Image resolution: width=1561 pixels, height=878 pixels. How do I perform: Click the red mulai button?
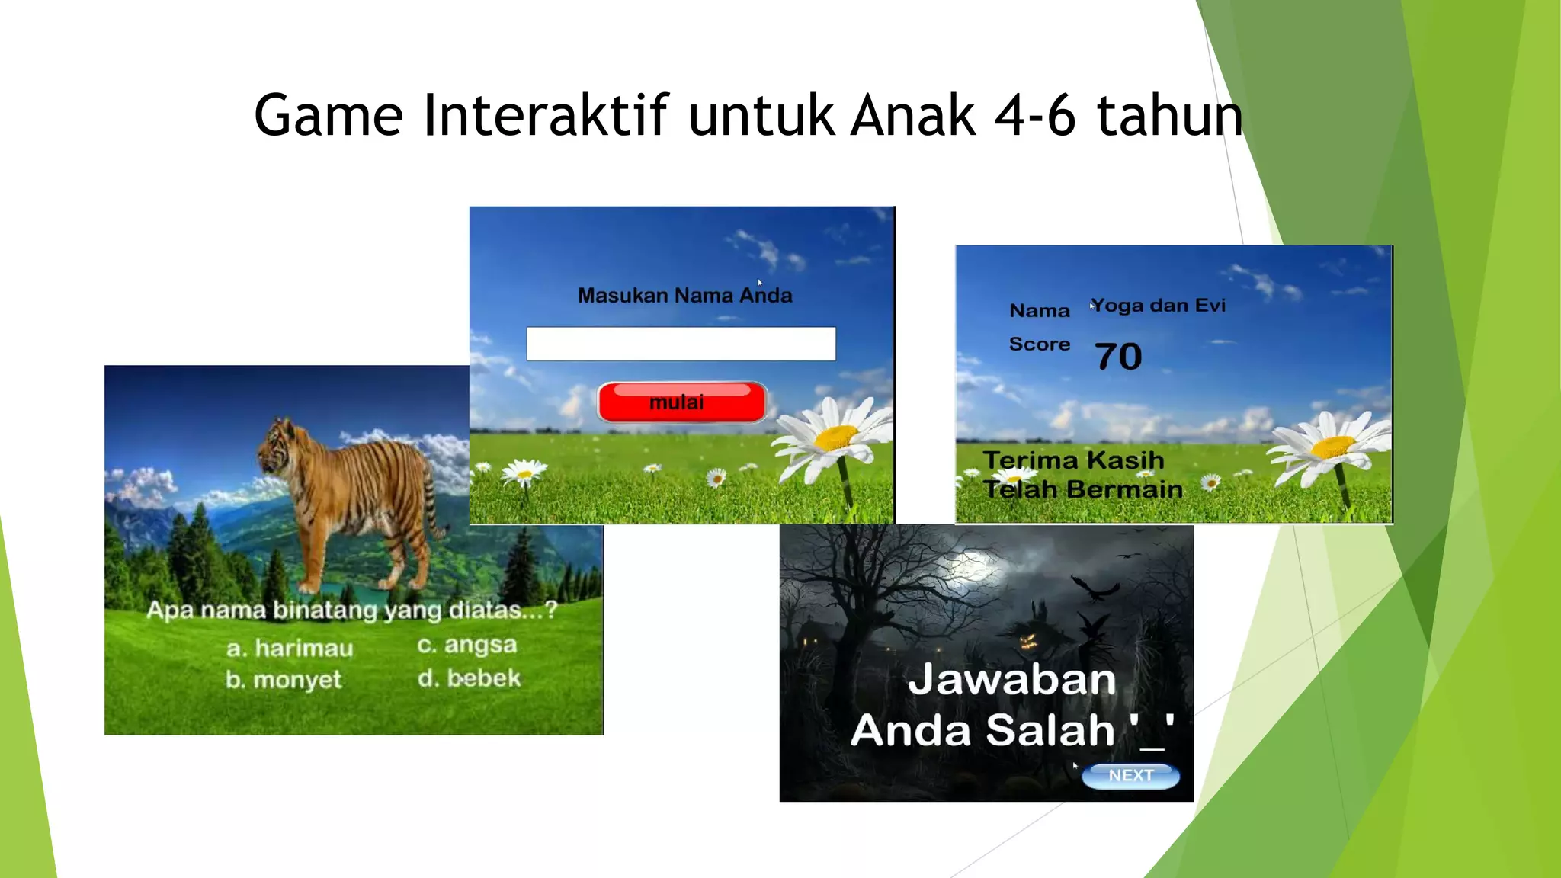point(681,402)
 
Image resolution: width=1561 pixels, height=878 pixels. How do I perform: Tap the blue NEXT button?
point(1130,776)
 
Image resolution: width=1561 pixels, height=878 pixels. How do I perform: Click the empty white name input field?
point(681,344)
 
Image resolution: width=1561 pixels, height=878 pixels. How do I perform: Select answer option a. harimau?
point(290,648)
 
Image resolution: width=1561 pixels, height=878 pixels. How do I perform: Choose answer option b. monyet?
point(284,679)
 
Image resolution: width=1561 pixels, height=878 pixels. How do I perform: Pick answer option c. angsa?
point(466,645)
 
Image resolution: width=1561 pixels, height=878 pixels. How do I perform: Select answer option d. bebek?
point(469,678)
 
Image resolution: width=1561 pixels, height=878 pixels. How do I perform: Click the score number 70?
point(1118,357)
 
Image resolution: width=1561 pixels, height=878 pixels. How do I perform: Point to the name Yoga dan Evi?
point(1159,306)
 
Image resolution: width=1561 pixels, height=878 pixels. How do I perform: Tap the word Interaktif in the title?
point(546,115)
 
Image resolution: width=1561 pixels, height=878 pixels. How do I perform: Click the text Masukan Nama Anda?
point(684,295)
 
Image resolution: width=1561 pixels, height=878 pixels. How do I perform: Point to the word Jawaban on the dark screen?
point(1011,679)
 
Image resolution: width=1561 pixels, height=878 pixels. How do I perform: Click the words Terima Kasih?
point(1073,460)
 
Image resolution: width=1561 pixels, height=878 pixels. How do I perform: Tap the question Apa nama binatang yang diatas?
point(351,610)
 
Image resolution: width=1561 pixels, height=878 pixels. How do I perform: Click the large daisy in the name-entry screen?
point(837,436)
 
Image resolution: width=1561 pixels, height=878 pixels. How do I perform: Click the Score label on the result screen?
point(1039,344)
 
